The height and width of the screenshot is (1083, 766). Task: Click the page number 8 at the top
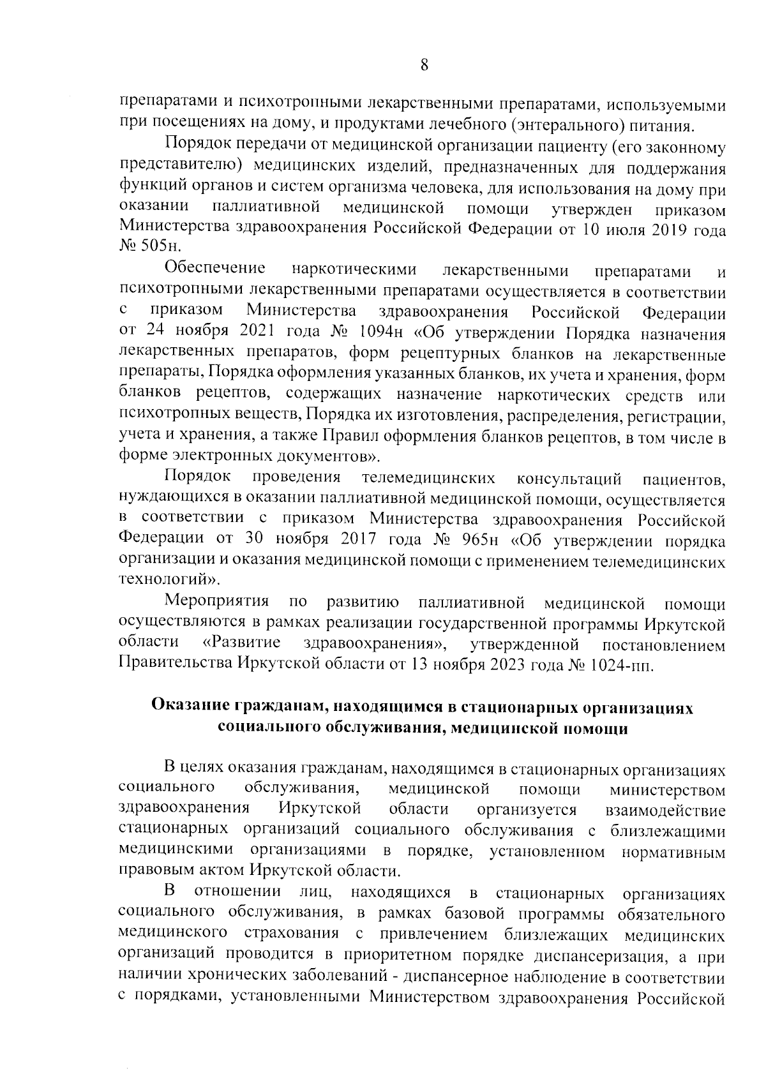424,65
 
